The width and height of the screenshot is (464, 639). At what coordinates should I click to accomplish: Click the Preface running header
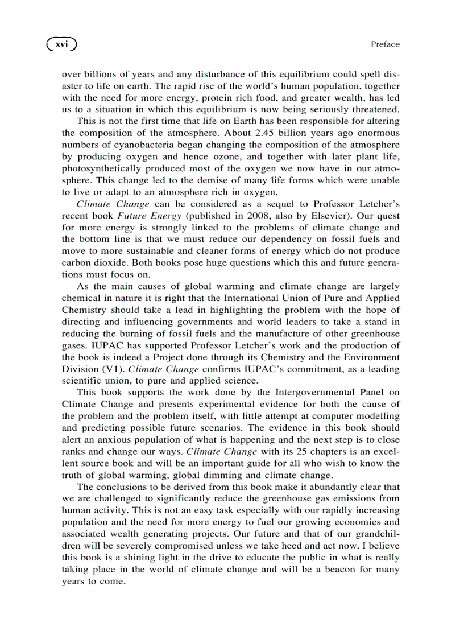point(385,44)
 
